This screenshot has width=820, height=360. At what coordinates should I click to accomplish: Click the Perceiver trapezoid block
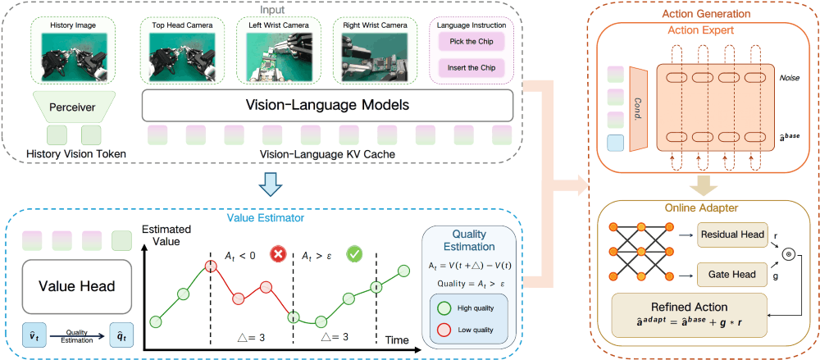click(x=73, y=107)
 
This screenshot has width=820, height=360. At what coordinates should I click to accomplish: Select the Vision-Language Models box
click(x=328, y=106)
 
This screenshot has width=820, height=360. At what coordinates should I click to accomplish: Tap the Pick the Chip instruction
click(x=471, y=41)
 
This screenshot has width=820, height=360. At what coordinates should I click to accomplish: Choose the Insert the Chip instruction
click(x=471, y=68)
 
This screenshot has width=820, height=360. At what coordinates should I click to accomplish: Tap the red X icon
click(x=278, y=255)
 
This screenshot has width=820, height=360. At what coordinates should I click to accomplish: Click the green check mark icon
click(x=355, y=255)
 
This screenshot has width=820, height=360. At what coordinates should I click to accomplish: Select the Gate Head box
click(x=731, y=275)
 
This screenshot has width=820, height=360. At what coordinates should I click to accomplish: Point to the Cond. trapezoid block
click(x=639, y=108)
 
